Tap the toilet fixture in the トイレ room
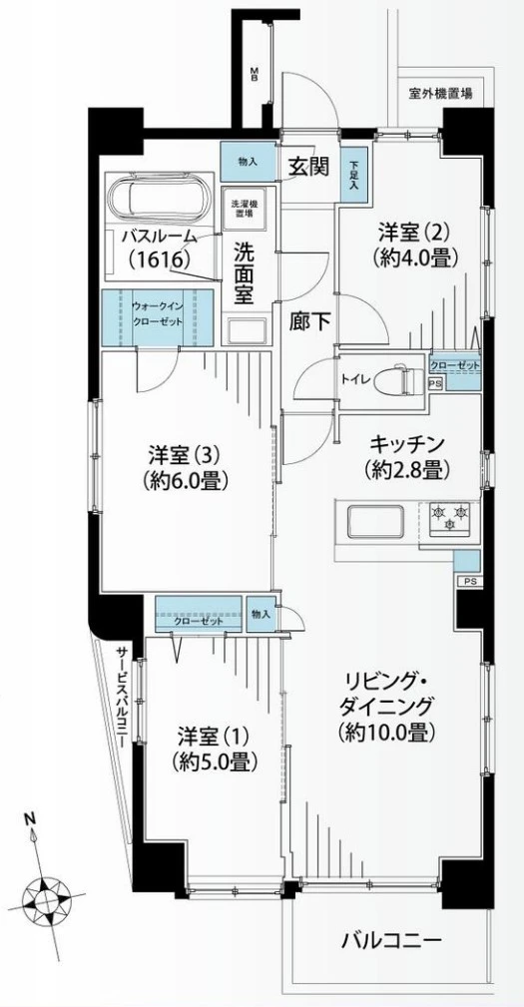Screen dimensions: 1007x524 (x=404, y=379)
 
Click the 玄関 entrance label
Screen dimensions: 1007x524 (x=308, y=167)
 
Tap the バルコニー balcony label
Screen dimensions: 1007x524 (x=390, y=940)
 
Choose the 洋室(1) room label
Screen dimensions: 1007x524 (x=214, y=750)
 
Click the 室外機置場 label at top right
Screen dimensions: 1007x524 (x=440, y=93)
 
